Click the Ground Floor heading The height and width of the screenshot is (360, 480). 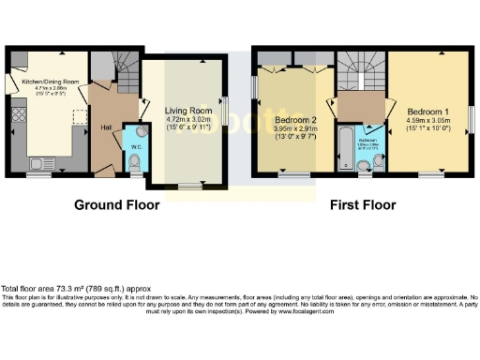[123, 204]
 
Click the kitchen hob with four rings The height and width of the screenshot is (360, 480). [18, 119]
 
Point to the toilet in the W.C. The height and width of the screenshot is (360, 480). [135, 165]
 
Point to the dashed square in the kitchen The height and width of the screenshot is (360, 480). [78, 115]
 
